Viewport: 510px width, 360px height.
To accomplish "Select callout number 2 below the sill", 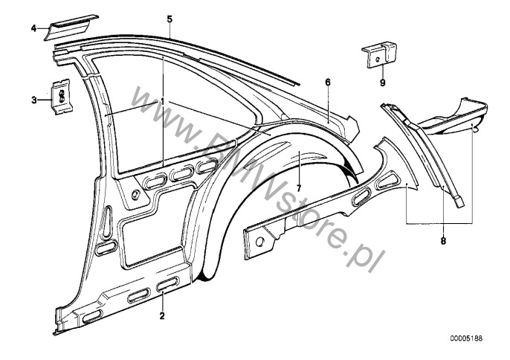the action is (162, 315).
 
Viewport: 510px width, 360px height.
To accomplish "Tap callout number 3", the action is (34, 100).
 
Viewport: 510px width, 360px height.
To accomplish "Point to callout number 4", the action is (34, 28).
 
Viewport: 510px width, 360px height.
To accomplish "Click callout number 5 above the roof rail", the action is (170, 19).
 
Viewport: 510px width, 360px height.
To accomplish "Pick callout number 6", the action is (328, 82).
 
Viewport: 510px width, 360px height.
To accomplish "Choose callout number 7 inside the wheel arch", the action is (299, 188).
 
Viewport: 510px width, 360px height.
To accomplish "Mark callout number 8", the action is (443, 241).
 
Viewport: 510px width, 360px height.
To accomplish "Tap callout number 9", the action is (382, 83).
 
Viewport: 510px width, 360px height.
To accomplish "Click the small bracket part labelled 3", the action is (62, 97).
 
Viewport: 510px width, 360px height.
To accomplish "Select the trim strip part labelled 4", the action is (71, 28).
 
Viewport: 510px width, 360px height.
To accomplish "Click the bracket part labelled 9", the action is (379, 54).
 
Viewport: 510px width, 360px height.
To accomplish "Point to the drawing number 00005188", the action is (466, 338).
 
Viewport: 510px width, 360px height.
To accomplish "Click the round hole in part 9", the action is (378, 60).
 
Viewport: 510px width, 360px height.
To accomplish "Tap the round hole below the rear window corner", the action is (135, 195).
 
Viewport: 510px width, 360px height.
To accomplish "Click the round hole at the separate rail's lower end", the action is (259, 242).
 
